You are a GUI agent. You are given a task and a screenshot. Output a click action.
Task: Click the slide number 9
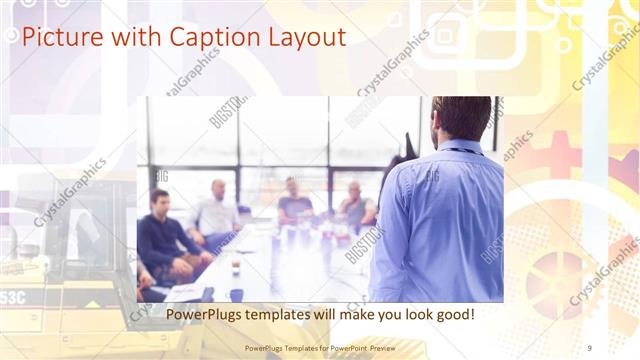589,348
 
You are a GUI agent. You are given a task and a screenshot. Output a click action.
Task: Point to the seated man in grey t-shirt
294,202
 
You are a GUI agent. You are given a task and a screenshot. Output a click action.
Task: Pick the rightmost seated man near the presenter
355,205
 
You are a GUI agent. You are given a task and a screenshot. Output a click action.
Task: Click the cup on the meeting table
235,268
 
